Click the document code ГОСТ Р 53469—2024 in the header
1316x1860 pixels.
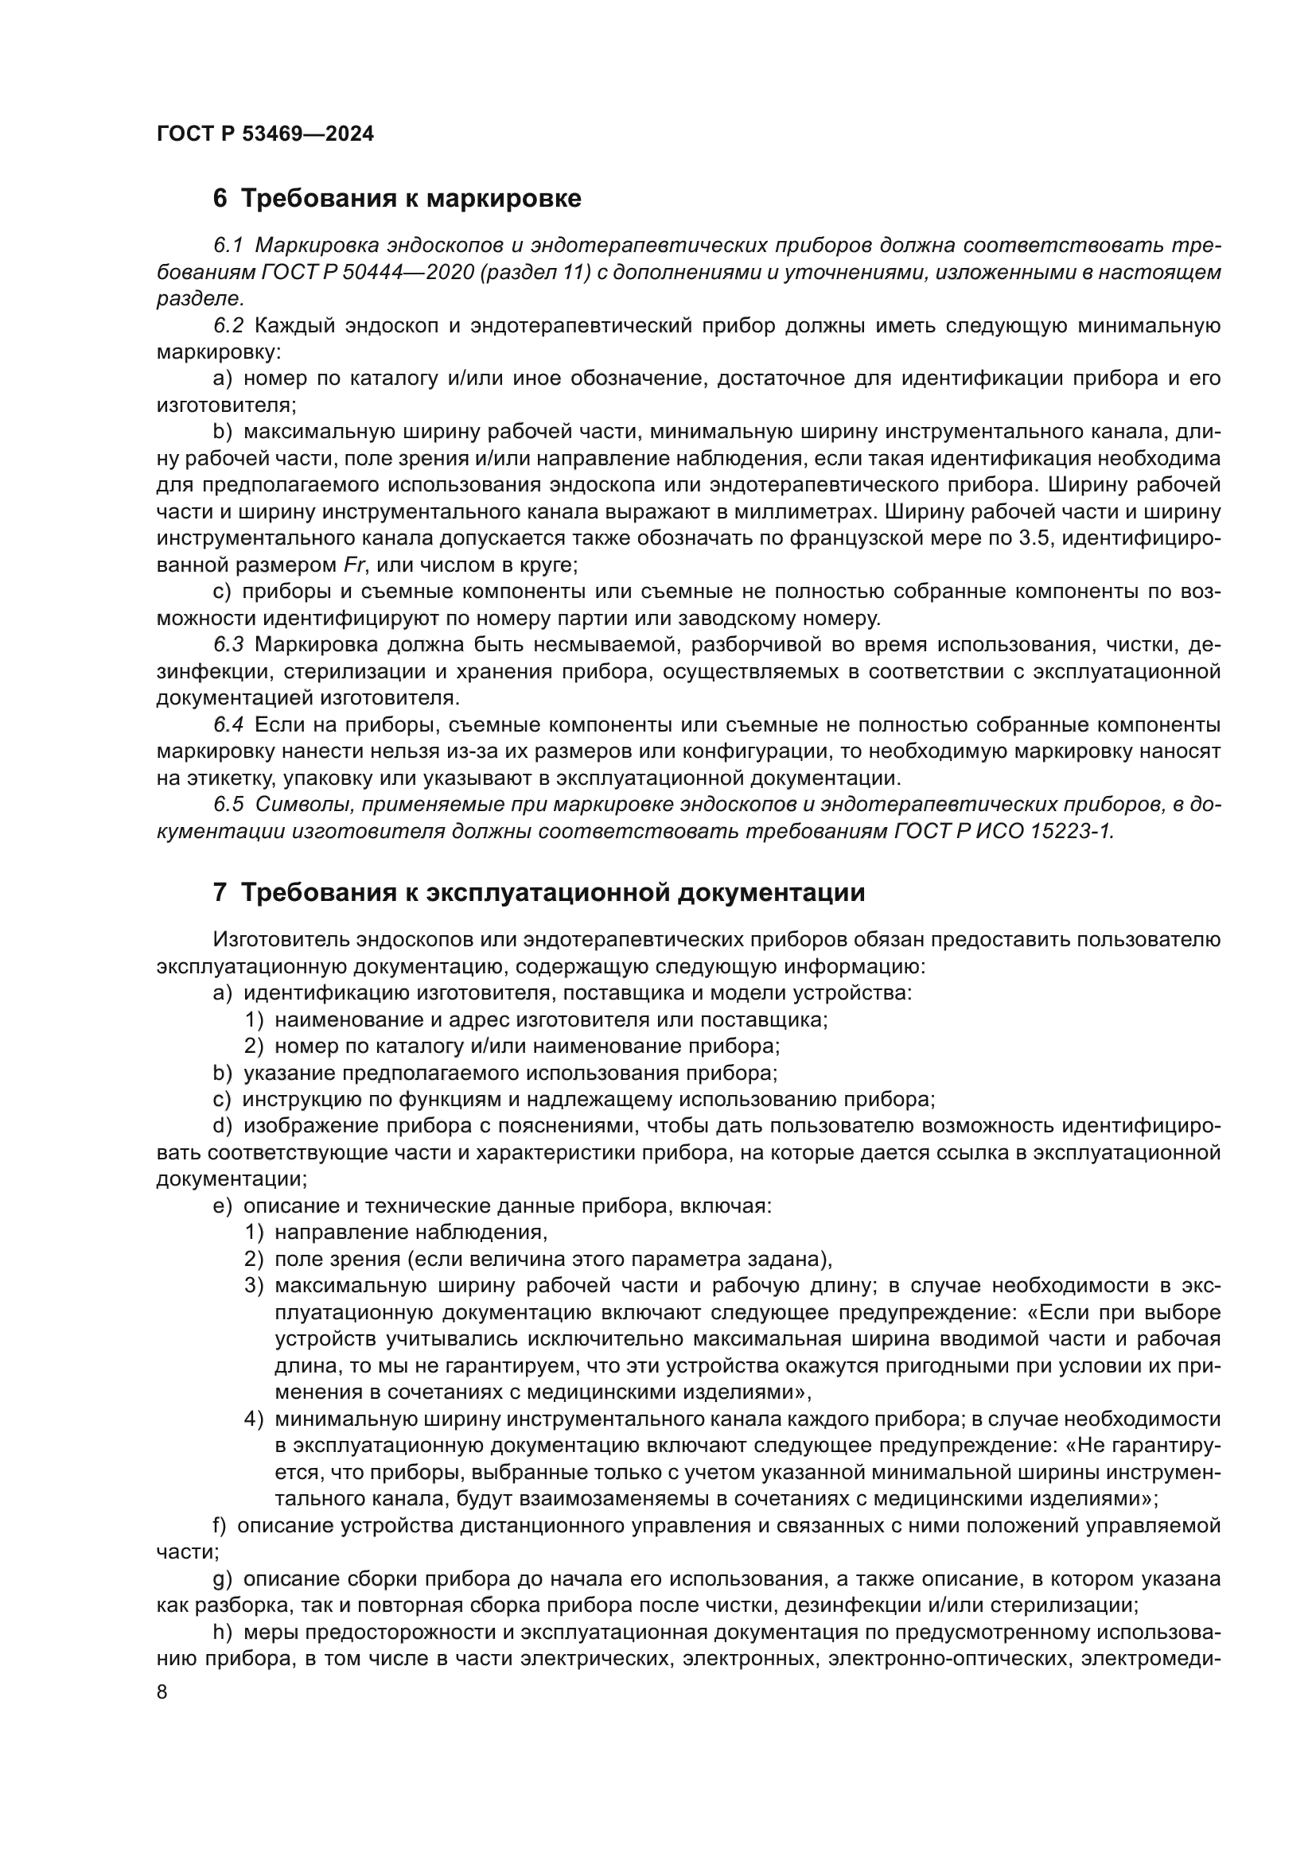tap(265, 134)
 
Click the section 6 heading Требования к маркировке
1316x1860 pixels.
tap(397, 199)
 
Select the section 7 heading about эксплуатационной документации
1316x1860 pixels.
tap(539, 893)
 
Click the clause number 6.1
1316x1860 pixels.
tap(228, 246)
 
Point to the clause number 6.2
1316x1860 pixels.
tap(228, 326)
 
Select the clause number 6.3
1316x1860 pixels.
tap(228, 645)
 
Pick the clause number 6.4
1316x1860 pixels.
tap(228, 725)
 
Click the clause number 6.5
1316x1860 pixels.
tap(228, 805)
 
